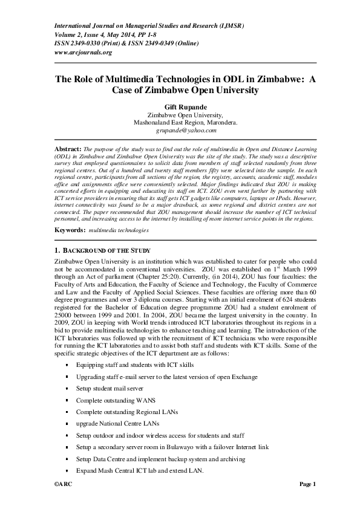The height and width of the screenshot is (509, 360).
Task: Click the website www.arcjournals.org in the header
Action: [x=83, y=53]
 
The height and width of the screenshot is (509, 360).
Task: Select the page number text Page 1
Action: [x=308, y=484]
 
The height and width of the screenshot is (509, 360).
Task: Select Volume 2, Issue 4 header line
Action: [x=107, y=34]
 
